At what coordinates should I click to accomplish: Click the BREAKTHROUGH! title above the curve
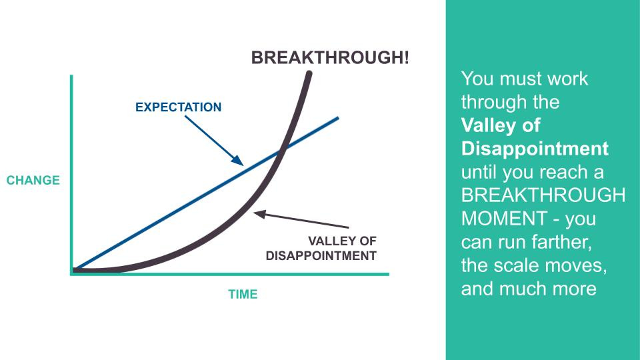click(x=330, y=57)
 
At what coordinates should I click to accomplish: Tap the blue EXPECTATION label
click(x=179, y=107)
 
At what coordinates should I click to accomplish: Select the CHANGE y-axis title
click(x=33, y=180)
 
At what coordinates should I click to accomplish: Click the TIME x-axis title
click(x=243, y=294)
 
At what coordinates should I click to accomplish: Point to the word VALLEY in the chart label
click(x=329, y=241)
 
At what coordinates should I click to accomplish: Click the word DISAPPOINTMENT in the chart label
click(x=321, y=256)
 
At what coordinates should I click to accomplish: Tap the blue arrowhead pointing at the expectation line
click(x=237, y=160)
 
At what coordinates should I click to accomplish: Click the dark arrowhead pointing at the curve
click(x=259, y=214)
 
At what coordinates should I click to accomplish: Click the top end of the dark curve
click(x=309, y=73)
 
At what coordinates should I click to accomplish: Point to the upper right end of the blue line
click(x=338, y=118)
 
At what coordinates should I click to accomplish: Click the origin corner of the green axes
click(x=72, y=274)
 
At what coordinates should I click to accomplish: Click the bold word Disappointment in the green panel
click(x=535, y=149)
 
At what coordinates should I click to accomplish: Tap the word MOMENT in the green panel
click(x=505, y=219)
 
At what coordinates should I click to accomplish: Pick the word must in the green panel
click(x=521, y=79)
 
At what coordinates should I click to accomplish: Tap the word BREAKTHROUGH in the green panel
click(x=543, y=195)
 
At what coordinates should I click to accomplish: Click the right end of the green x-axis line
click(x=389, y=274)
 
